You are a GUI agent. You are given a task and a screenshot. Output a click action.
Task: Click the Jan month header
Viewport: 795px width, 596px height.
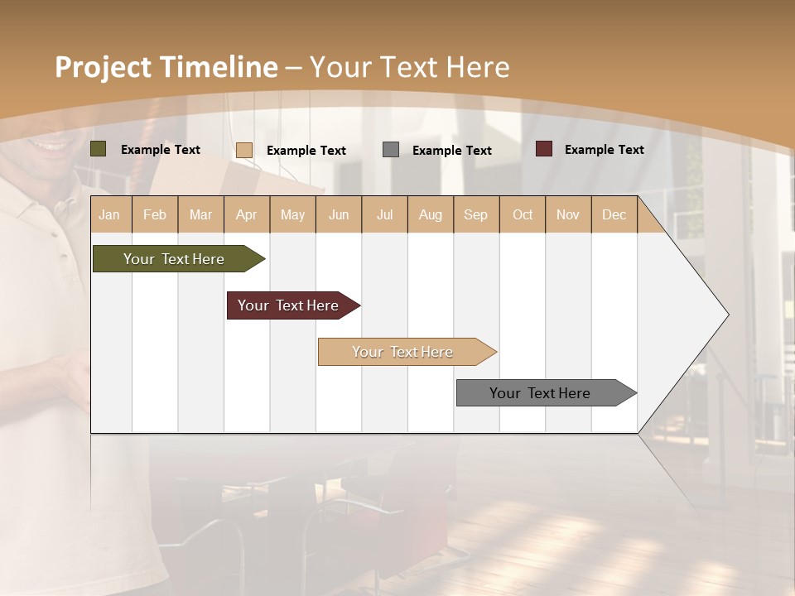coord(109,214)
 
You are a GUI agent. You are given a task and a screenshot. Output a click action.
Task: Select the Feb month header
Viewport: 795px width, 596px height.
coord(155,214)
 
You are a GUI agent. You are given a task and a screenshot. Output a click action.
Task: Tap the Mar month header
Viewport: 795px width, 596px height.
coord(200,214)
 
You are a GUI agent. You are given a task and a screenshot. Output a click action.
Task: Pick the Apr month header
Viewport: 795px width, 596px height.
coord(247,214)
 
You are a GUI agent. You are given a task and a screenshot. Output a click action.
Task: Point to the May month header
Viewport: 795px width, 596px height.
coord(292,214)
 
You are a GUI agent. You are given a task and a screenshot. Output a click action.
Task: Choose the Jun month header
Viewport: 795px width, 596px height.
coord(339,214)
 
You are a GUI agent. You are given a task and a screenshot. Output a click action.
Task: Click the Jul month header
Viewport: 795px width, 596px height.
coord(384,214)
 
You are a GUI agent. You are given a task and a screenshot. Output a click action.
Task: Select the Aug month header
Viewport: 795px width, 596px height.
coord(431,214)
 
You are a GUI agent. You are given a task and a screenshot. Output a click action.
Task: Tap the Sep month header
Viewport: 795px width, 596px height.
coord(476,214)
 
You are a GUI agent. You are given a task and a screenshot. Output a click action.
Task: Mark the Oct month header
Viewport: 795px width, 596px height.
coord(523,214)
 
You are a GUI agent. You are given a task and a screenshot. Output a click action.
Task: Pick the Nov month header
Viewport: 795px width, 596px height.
coord(568,214)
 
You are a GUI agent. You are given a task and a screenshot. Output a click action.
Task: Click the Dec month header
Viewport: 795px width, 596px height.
coord(614,214)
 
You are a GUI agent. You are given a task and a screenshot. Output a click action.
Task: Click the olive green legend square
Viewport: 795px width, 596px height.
coord(99,149)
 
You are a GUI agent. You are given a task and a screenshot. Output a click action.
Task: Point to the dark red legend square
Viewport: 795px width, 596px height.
coord(544,149)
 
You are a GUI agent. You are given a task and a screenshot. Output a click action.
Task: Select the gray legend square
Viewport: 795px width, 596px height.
coord(391,149)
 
